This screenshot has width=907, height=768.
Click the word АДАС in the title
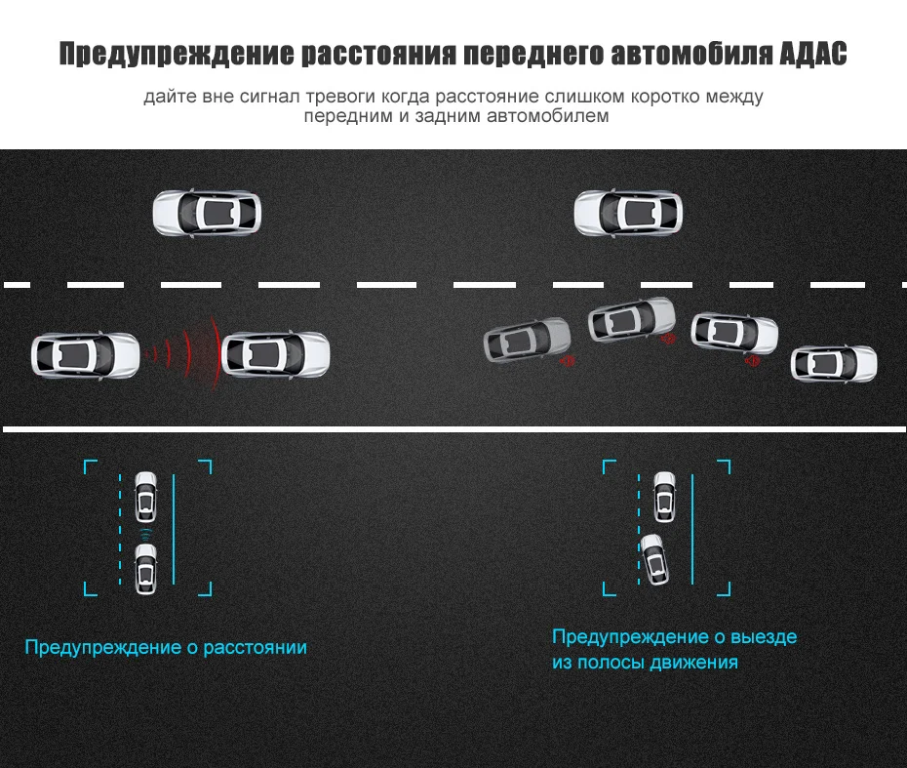click(x=812, y=54)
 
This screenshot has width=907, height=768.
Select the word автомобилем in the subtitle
click(x=548, y=116)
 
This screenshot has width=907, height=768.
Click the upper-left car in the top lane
click(x=207, y=213)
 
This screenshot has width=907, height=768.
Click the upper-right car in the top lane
click(x=628, y=213)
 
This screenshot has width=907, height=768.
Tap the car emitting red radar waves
click(x=86, y=355)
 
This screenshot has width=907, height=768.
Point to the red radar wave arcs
click(x=186, y=353)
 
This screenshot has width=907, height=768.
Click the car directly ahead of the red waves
click(x=276, y=354)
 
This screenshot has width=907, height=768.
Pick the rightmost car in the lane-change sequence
click(x=834, y=364)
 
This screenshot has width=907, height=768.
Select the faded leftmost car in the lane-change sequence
click(x=527, y=340)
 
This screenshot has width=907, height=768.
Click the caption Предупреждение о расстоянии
click(x=166, y=648)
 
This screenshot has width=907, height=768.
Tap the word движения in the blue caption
click(x=693, y=662)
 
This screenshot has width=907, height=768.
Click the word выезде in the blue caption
click(x=764, y=636)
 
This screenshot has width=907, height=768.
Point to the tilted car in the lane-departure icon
click(x=654, y=559)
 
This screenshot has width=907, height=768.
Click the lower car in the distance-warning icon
click(x=145, y=569)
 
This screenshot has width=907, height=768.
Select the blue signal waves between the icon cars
click(x=145, y=534)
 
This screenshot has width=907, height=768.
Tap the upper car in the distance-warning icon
click(x=145, y=497)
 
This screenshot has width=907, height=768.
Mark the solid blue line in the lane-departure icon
click(x=692, y=529)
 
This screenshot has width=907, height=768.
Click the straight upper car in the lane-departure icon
click(x=664, y=497)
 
